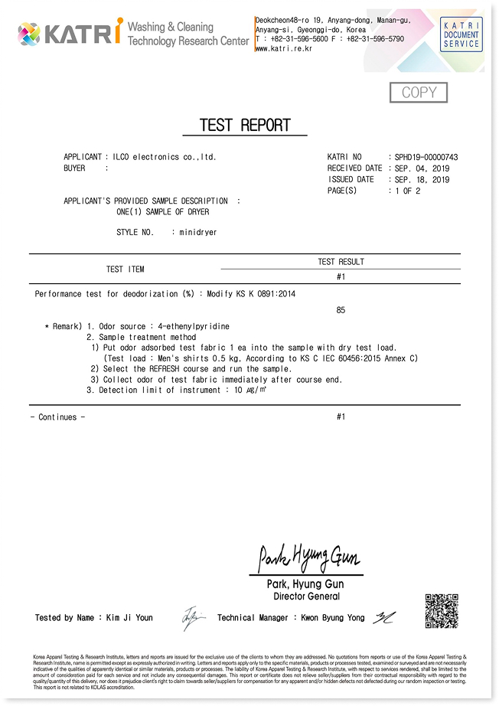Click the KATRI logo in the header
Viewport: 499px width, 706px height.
(70, 33)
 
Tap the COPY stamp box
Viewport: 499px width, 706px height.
(419, 93)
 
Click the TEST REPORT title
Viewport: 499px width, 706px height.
(245, 126)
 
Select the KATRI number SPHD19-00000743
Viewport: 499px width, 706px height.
(426, 157)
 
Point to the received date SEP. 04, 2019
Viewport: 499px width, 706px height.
(422, 168)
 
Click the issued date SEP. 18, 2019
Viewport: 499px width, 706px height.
(422, 180)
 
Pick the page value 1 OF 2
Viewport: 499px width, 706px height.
(407, 191)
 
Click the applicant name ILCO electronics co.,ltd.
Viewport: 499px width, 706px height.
(164, 157)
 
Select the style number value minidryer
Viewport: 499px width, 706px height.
(197, 232)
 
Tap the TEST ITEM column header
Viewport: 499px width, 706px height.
(125, 270)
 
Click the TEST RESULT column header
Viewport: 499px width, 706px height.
(341, 262)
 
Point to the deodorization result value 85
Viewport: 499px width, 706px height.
(341, 310)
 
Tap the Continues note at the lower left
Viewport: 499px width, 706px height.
(57, 417)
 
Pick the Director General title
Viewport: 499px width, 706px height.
(306, 597)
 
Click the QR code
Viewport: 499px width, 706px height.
(442, 610)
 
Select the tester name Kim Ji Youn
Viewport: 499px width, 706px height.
(129, 618)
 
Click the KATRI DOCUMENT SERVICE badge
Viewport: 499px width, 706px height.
(461, 35)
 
